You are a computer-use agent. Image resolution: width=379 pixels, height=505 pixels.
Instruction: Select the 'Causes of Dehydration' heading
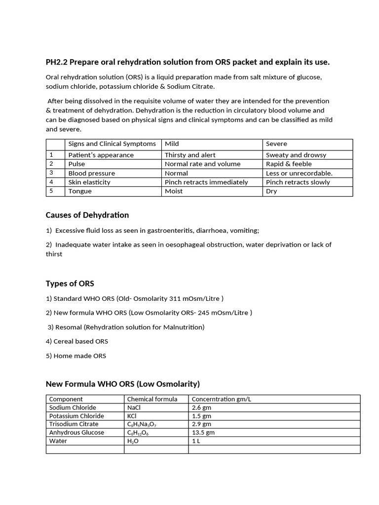tap(87, 215)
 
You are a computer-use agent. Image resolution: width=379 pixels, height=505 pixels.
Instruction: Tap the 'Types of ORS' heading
tap(70, 284)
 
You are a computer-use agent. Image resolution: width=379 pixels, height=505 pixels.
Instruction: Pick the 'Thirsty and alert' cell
tap(190, 155)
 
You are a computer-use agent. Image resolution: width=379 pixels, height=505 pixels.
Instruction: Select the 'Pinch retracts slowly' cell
tap(298, 182)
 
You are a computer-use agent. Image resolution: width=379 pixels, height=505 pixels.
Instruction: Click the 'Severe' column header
tap(276, 144)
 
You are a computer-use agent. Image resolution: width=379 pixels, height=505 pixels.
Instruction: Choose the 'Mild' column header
tap(172, 144)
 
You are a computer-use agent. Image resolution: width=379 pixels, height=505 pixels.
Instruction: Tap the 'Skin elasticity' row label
tap(89, 182)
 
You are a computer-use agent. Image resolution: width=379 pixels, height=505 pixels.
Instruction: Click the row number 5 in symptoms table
tap(51, 191)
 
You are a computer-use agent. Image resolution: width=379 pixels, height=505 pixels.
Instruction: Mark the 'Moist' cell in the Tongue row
tap(174, 191)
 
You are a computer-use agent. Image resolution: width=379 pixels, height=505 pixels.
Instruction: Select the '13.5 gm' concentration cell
tap(203, 433)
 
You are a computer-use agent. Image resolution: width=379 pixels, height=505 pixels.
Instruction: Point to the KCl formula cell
tap(132, 416)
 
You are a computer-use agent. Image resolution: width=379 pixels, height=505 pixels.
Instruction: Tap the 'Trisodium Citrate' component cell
tap(74, 424)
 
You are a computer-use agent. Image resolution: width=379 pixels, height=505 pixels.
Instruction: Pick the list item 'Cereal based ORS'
tap(81, 341)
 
